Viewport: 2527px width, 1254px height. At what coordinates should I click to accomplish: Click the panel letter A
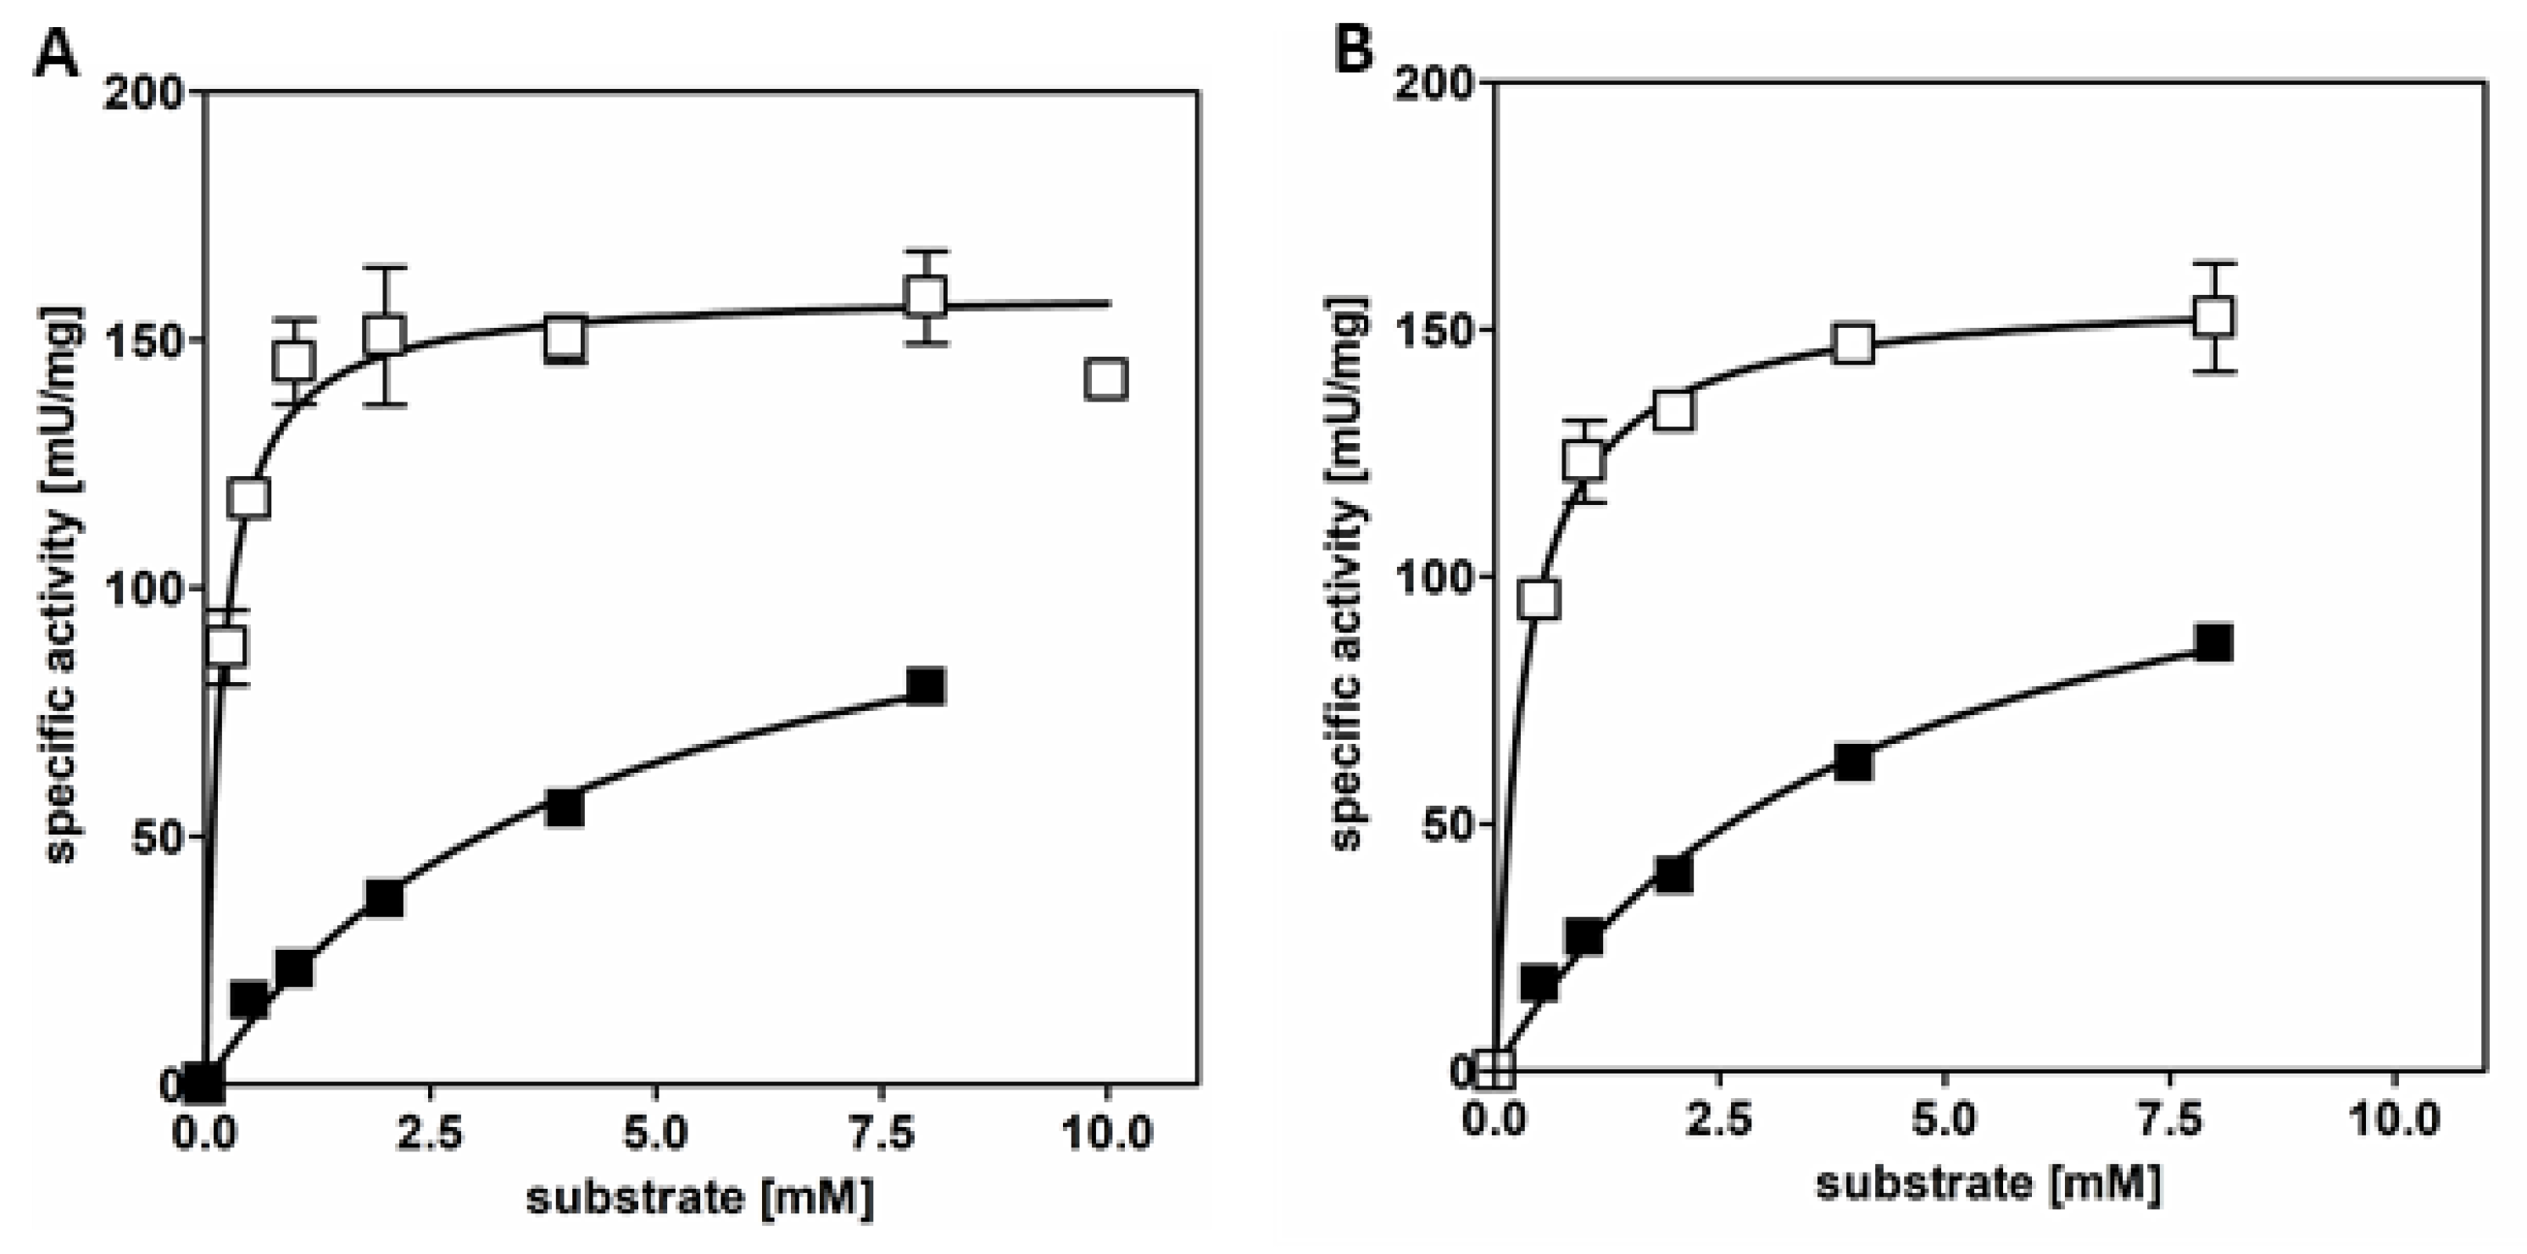tap(56, 55)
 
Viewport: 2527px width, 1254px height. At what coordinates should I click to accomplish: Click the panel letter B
tap(1354, 48)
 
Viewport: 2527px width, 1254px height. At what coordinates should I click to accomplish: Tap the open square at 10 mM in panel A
tap(1105, 379)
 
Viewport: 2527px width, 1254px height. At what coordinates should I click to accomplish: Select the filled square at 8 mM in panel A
tap(926, 685)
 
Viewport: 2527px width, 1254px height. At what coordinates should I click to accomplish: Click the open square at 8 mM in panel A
tap(926, 296)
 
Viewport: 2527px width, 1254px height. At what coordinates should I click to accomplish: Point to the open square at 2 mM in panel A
tap(385, 336)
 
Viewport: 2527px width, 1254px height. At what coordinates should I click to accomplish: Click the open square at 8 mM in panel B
tap(2214, 317)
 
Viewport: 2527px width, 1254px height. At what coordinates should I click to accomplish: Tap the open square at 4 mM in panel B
tap(1853, 344)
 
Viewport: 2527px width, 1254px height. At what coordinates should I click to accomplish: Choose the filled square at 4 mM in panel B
tap(1853, 762)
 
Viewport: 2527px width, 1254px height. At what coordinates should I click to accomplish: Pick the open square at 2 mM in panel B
tap(1673, 410)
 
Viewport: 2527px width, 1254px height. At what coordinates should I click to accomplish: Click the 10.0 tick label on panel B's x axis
tap(2396, 1118)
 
